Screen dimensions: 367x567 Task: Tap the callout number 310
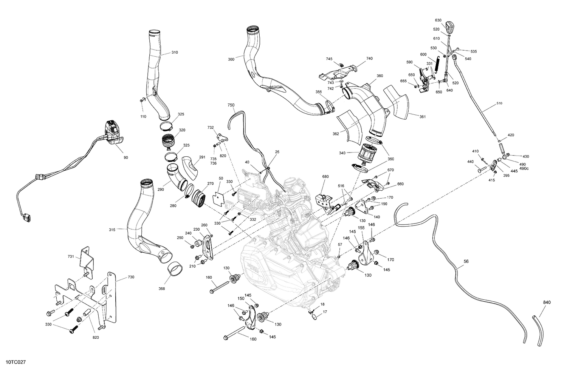[175, 52]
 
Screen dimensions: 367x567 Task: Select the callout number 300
[231, 59]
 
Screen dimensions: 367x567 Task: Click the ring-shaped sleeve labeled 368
[176, 269]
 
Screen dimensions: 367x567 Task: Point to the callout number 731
[71, 257]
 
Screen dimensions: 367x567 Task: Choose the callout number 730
[131, 277]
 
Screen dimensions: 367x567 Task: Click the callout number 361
[422, 117]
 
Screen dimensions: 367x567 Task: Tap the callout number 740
[369, 59]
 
